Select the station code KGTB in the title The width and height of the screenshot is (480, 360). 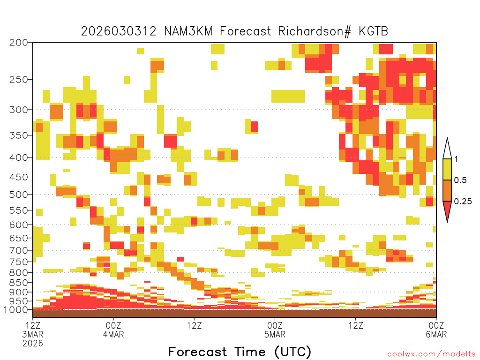374,31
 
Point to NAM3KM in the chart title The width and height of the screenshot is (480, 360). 188,31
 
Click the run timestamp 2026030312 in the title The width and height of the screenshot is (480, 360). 119,31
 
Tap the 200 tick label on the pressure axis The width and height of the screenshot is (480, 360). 19,43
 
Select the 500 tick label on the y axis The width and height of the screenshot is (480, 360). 19,195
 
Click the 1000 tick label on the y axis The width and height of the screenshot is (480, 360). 15,310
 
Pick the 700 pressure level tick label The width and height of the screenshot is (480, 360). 19,250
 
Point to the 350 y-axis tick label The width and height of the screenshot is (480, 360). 19,135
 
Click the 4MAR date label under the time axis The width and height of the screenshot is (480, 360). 113,334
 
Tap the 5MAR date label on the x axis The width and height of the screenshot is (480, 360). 275,334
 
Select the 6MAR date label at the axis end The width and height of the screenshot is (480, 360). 436,334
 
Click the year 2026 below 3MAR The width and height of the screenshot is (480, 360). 33,344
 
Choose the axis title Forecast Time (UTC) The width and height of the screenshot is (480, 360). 240,352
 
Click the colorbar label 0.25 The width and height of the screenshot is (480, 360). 463,201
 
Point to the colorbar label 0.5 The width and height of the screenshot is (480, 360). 460,180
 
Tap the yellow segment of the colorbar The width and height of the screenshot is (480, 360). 447,169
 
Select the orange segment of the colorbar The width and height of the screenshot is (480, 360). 447,190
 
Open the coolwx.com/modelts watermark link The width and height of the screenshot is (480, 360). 431,354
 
